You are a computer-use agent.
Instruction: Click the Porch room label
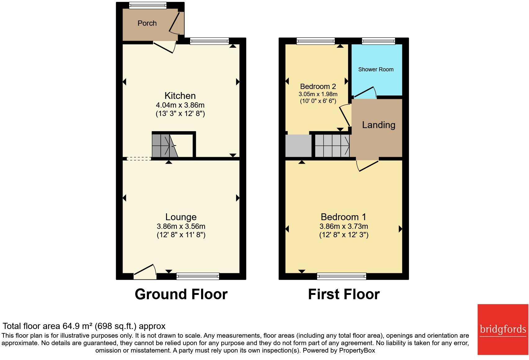(147, 23)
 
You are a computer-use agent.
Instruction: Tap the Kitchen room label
(180, 96)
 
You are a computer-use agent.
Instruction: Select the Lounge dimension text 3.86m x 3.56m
(181, 226)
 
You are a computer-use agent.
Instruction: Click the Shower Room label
(376, 69)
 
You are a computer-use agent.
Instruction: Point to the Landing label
(379, 125)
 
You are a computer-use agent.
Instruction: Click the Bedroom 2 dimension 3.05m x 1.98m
(318, 94)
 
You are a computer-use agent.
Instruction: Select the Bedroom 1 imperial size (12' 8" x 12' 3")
(344, 235)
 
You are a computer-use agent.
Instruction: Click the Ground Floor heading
(181, 294)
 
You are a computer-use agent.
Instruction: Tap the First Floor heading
(344, 294)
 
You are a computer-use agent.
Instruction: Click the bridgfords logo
(503, 329)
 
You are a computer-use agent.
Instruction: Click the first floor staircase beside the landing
(332, 145)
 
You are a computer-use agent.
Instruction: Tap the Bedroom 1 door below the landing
(368, 165)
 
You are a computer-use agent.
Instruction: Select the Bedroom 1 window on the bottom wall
(342, 276)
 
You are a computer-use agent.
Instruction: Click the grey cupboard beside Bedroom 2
(298, 146)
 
